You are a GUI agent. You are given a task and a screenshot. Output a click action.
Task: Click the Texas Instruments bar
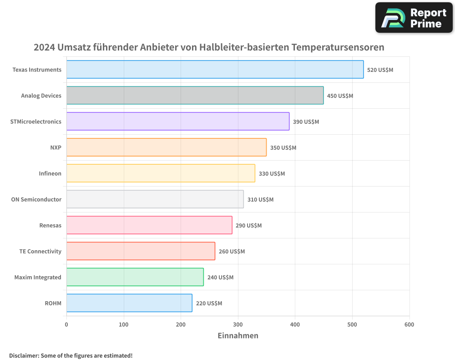click(x=215, y=70)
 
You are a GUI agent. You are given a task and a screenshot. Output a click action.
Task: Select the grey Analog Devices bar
click(x=195, y=96)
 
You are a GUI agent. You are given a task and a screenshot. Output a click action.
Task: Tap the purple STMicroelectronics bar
click(x=178, y=121)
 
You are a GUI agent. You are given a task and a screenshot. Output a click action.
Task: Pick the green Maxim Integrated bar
click(x=135, y=277)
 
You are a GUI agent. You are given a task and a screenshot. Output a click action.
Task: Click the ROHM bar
click(x=129, y=303)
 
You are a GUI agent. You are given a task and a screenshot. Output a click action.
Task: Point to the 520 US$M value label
click(x=380, y=70)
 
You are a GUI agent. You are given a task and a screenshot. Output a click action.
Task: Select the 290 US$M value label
click(x=248, y=226)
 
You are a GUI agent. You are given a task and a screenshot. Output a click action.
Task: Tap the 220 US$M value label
click(x=209, y=303)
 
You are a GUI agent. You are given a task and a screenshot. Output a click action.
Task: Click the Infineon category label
click(x=50, y=173)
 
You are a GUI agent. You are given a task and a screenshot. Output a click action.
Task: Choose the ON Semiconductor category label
click(x=36, y=199)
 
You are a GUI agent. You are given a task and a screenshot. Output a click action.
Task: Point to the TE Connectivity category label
click(x=40, y=251)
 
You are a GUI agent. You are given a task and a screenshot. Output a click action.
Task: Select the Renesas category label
click(x=51, y=225)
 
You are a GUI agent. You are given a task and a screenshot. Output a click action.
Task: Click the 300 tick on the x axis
click(x=238, y=324)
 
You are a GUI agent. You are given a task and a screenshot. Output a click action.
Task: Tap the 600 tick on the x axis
click(x=409, y=324)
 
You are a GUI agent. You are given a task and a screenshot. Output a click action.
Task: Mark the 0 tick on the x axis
click(x=66, y=324)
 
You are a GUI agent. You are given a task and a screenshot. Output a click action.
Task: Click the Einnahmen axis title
click(x=238, y=336)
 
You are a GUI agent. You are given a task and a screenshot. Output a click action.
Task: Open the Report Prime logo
click(x=414, y=18)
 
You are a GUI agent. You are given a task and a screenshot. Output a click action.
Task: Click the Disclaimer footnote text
click(x=71, y=355)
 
